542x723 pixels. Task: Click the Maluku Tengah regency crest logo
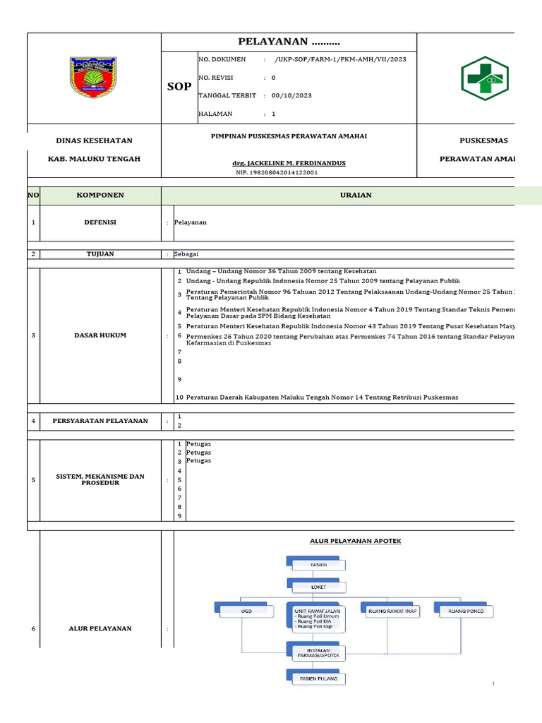click(92, 78)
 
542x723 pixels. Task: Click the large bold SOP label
click(179, 86)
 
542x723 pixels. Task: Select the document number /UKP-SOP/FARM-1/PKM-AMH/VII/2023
click(340, 59)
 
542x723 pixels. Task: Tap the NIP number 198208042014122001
click(277, 172)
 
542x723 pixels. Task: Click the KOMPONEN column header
click(100, 195)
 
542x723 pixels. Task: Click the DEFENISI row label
click(100, 222)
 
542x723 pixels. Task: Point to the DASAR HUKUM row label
click(100, 335)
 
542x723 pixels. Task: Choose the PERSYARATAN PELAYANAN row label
click(100, 421)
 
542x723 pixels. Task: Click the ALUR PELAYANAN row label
click(100, 628)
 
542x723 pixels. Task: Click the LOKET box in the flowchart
click(308, 585)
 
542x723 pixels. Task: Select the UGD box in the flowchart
click(245, 610)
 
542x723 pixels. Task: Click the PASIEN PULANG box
click(314, 679)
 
